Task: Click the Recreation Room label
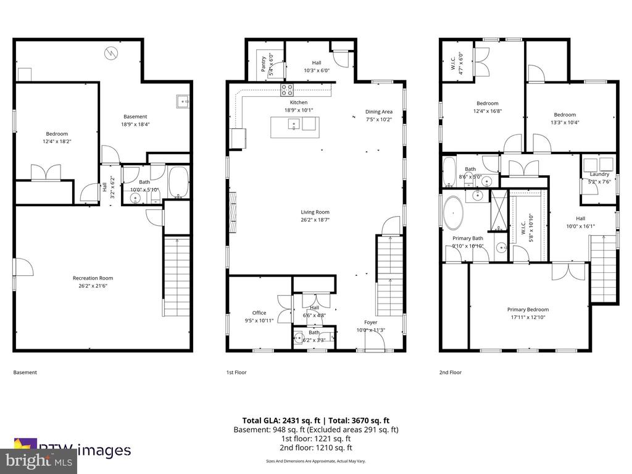pyautogui.click(x=93, y=278)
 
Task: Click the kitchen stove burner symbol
pyautogui.click(x=288, y=90)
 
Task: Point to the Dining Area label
pyautogui.click(x=378, y=112)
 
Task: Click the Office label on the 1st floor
pyautogui.click(x=259, y=313)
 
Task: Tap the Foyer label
pyautogui.click(x=370, y=322)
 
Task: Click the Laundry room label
pyautogui.click(x=599, y=174)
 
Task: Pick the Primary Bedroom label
pyautogui.click(x=528, y=310)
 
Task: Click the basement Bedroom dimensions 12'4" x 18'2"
pyautogui.click(x=57, y=141)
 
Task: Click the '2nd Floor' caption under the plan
pyautogui.click(x=451, y=372)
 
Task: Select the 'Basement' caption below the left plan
pyautogui.click(x=25, y=372)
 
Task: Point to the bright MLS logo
pyautogui.click(x=38, y=460)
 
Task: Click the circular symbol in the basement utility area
pyautogui.click(x=110, y=52)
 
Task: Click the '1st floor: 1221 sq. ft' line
pyautogui.click(x=316, y=439)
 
